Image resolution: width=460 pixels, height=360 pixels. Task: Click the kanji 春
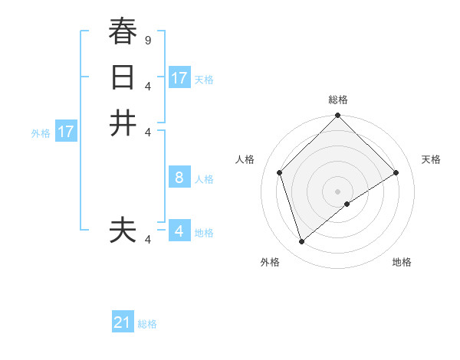tap(123, 32)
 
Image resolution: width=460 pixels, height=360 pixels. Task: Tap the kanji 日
tap(123, 77)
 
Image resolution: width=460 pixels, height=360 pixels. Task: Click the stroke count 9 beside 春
tap(147, 40)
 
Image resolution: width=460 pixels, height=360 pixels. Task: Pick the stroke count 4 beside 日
tap(147, 86)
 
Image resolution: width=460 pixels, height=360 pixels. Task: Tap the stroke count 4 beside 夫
tap(147, 240)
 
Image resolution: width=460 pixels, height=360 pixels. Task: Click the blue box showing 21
tap(123, 322)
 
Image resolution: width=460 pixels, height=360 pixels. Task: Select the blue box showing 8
tap(179, 178)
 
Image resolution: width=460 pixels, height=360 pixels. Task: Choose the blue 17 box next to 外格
tap(66, 132)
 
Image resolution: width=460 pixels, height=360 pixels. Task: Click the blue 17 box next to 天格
tap(179, 78)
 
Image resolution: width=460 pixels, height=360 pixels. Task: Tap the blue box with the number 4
tap(179, 231)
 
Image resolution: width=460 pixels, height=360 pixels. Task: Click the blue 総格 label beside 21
tap(147, 324)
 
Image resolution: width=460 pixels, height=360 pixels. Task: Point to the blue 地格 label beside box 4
tap(204, 233)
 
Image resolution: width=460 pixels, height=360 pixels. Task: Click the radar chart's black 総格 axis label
tap(338, 100)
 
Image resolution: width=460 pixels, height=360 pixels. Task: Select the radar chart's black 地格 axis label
tap(402, 262)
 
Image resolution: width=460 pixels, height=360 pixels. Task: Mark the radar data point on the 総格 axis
tap(338, 116)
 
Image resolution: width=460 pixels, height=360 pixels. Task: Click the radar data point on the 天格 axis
tap(396, 172)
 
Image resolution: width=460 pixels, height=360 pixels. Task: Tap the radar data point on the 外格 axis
tap(302, 242)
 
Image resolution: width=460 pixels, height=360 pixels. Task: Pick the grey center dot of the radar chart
tap(338, 191)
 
